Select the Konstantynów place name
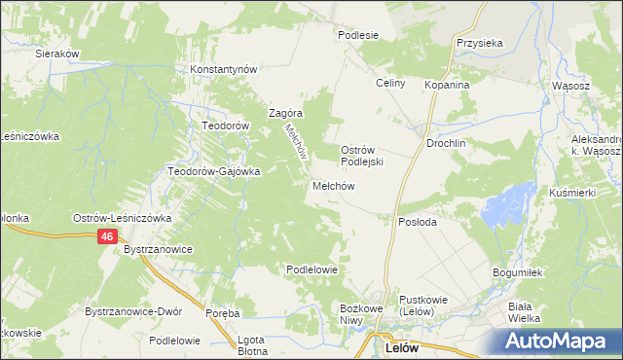(223, 70)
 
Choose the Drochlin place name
(447, 143)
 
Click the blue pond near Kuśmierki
(503, 205)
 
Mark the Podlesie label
(357, 34)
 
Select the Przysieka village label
(479, 43)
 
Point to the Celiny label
(390, 84)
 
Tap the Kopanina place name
(447, 85)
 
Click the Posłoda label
(419, 222)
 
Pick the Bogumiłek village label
(516, 273)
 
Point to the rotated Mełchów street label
(294, 140)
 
